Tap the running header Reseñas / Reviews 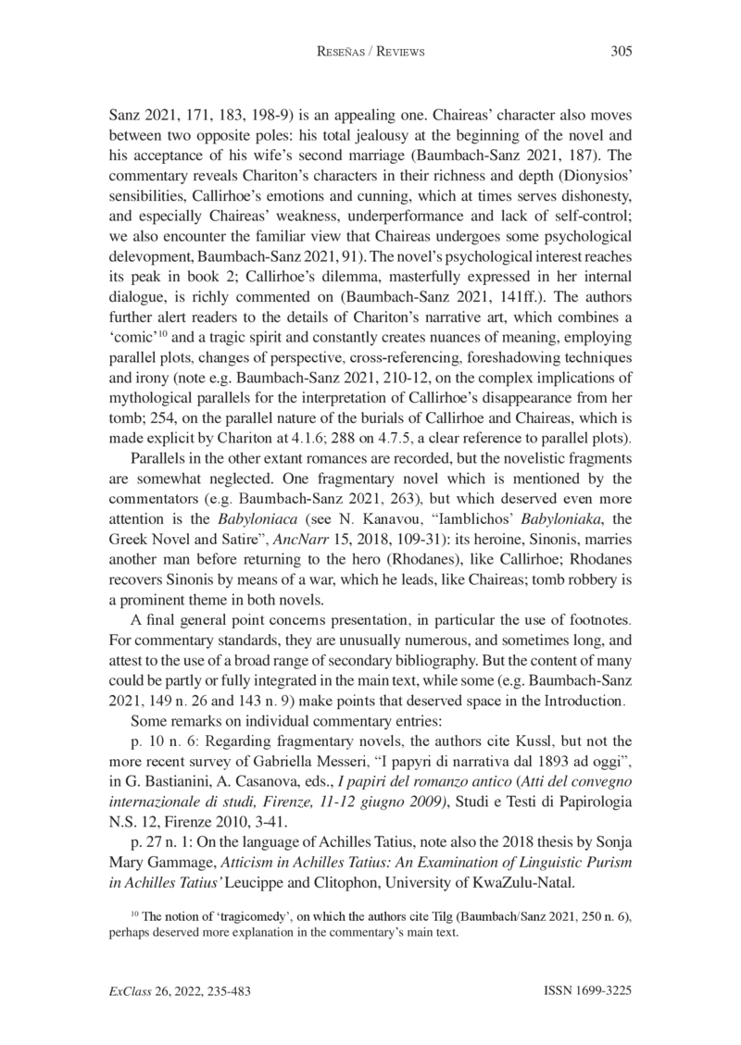(370, 53)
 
